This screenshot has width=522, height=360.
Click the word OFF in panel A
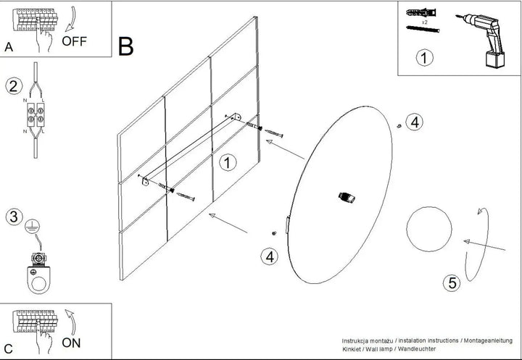(74, 41)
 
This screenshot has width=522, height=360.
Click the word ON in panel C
(71, 343)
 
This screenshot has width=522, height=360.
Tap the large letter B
(126, 46)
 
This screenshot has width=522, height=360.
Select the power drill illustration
(482, 41)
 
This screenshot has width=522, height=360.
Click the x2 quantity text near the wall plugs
(424, 22)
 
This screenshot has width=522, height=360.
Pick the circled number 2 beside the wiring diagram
(14, 86)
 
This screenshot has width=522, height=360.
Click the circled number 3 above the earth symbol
(14, 217)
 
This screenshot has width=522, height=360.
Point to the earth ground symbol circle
(33, 227)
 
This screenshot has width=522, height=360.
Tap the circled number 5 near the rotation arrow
(452, 282)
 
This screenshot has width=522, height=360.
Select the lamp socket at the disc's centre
(347, 197)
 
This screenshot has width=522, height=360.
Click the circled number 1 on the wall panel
(228, 163)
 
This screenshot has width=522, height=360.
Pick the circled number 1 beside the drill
(424, 57)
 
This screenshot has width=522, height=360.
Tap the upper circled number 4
(415, 122)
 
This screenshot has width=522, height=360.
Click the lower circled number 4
(269, 257)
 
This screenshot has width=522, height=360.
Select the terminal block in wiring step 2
(36, 114)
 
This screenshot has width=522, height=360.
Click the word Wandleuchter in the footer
(417, 349)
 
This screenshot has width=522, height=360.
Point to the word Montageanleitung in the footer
(488, 340)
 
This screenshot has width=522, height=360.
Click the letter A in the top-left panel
(9, 47)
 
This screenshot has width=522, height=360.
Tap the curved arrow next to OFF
(71, 18)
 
